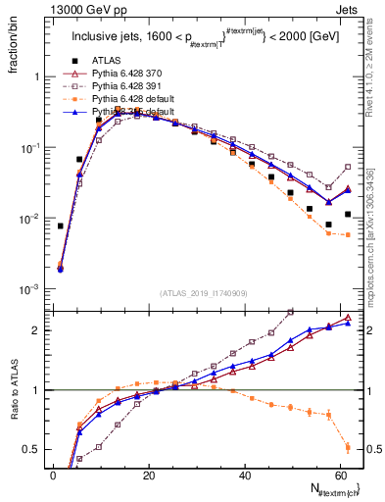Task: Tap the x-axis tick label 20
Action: (x=148, y=475)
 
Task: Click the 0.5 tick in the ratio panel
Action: (x=32, y=450)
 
